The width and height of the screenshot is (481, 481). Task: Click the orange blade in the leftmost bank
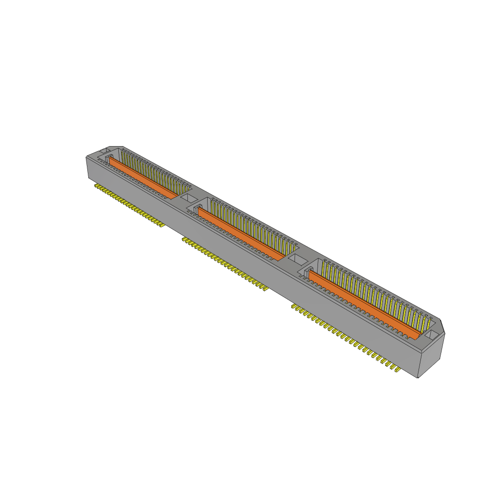(x=143, y=178)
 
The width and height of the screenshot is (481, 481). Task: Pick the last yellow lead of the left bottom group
(x=162, y=225)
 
